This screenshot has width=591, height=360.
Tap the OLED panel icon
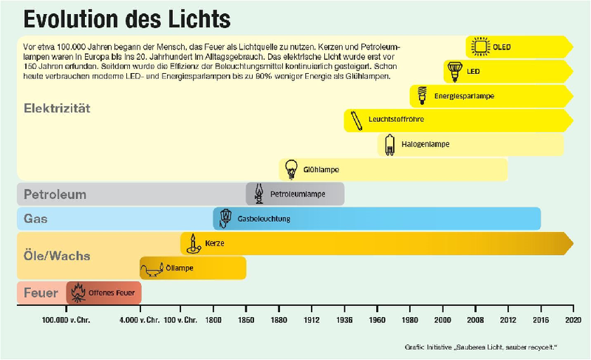coord(481,47)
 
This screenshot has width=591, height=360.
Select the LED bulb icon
coord(454,72)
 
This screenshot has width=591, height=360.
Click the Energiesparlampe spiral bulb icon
coord(423,95)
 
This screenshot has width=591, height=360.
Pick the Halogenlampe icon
coord(389,144)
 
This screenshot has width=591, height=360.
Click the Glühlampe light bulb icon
coord(291,169)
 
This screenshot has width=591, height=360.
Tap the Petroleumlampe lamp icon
coord(258,194)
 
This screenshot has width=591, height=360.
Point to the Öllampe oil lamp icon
coord(154,267)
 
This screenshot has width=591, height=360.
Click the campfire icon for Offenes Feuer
coord(78,293)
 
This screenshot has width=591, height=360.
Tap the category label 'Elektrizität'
coord(57,108)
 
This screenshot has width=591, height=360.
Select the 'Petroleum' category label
coord(55,195)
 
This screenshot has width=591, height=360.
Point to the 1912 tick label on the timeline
coord(311,321)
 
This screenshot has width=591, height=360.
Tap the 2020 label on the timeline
coord(573,321)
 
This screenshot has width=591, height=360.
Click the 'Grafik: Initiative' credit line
coord(480,346)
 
